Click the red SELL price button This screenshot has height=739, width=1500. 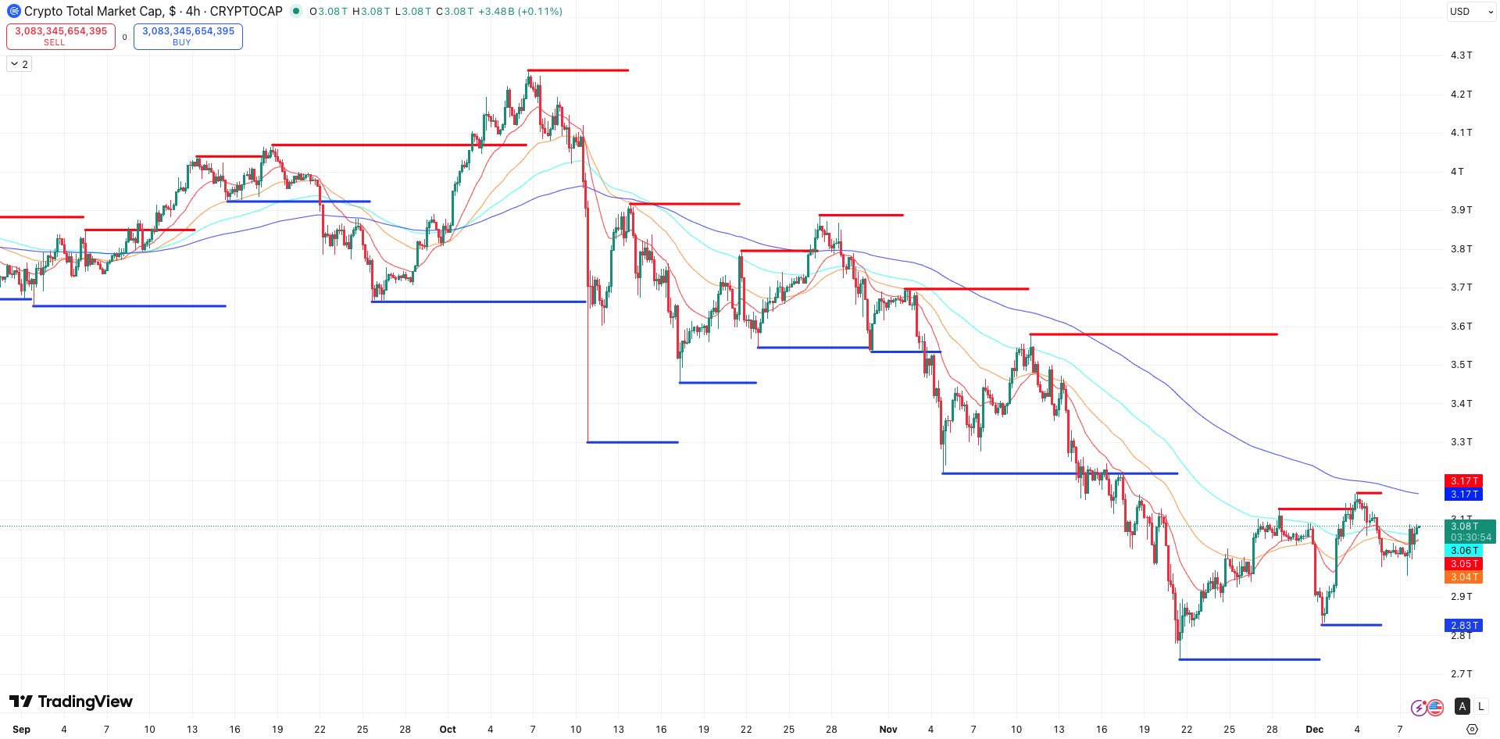(61, 36)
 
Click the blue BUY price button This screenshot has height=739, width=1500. (187, 36)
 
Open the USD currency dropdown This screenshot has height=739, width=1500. (1471, 12)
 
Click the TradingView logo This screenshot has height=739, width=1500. (70, 702)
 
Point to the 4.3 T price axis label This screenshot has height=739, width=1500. (1461, 55)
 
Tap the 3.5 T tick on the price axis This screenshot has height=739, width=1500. (1461, 365)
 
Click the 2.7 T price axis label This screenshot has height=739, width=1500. (1461, 673)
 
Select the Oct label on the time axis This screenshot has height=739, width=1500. (448, 729)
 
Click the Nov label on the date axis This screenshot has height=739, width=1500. (888, 729)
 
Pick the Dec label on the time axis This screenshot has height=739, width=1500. (1315, 729)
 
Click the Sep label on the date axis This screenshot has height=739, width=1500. (22, 729)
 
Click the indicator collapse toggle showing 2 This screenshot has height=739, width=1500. (20, 64)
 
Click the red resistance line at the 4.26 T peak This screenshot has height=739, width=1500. (578, 70)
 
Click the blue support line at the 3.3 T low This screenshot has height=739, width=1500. (633, 442)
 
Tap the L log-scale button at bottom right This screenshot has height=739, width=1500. (1481, 706)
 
